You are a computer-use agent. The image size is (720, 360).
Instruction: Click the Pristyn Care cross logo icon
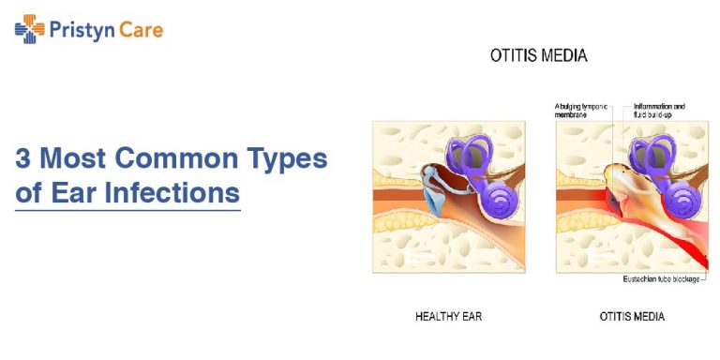coord(30,30)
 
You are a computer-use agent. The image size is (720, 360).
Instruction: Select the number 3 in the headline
coord(22,158)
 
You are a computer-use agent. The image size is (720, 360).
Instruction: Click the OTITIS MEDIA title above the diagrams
coord(539,56)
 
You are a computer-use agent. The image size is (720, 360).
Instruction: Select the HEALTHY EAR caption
coord(448,317)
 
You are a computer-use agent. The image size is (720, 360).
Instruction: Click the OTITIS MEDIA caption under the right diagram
coord(632,317)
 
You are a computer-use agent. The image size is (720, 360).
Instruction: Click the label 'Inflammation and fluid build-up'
coord(659,111)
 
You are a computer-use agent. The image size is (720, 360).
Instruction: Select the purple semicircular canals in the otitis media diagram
coord(654,155)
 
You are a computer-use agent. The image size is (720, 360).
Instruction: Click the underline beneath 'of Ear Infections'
coord(127,210)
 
